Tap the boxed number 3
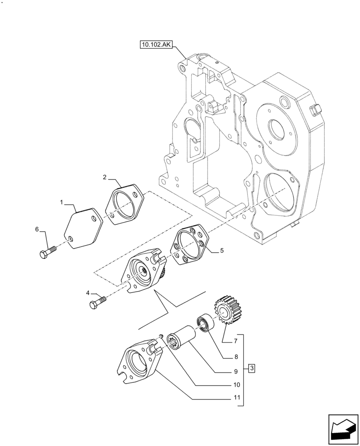tap(252, 368)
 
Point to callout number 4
tap(88, 293)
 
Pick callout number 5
tap(222, 251)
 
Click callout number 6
tap(37, 229)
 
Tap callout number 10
tap(236, 384)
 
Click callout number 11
tap(236, 398)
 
